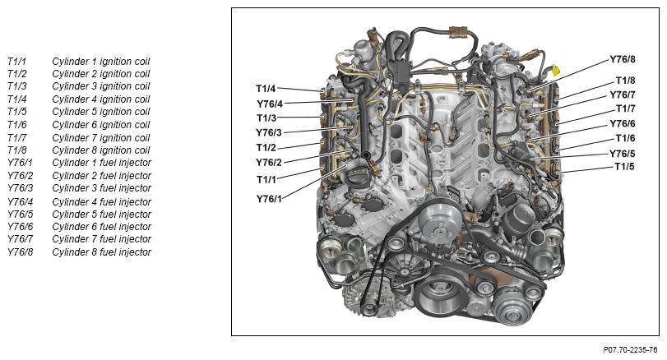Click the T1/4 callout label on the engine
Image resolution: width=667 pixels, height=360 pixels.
tap(266, 89)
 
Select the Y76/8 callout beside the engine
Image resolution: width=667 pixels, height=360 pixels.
tap(623, 59)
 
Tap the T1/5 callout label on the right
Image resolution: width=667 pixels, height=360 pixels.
tap(624, 166)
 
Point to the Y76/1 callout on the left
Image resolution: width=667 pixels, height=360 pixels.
tap(269, 198)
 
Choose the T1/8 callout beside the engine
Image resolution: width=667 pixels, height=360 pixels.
tap(625, 81)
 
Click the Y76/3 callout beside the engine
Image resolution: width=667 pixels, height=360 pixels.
tap(269, 132)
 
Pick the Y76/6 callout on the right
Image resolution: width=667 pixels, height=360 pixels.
tap(623, 123)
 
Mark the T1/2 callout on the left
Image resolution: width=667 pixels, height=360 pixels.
tap(266, 147)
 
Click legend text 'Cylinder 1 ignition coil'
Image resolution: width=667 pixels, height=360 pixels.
tap(101, 62)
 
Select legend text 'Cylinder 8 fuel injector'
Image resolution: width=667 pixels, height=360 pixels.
tap(102, 252)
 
